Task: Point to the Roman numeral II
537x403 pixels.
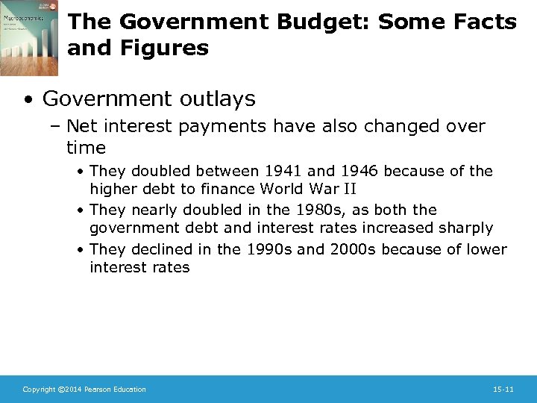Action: tap(348, 190)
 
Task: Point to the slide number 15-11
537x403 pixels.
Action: tap(503, 390)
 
